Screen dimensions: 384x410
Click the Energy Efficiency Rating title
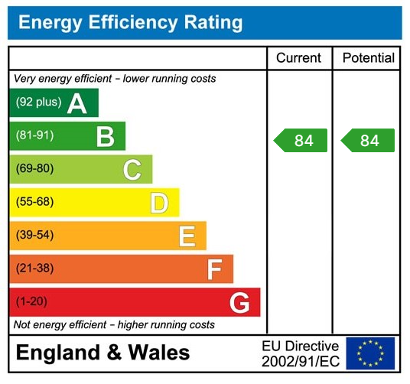(130, 23)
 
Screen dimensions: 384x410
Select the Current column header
(298, 58)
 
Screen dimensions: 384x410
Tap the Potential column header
(368, 58)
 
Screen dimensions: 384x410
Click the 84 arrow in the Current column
(301, 141)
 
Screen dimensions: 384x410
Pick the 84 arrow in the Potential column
(368, 141)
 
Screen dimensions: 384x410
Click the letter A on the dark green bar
(77, 103)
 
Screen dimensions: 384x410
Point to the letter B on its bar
(106, 137)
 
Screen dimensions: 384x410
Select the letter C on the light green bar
(132, 170)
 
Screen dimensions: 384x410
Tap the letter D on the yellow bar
(159, 203)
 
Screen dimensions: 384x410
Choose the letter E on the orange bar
(187, 236)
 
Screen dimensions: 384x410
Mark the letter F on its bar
(214, 269)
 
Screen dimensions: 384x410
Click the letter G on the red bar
(239, 303)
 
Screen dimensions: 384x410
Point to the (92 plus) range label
(38, 103)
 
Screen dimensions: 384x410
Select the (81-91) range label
(35, 136)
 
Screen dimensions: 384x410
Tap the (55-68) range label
(35, 203)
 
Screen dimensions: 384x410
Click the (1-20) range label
(32, 302)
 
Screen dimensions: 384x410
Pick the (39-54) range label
(35, 236)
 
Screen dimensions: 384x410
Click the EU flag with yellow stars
(370, 353)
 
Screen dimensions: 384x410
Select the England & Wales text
(103, 353)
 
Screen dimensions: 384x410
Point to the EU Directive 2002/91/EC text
(300, 353)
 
